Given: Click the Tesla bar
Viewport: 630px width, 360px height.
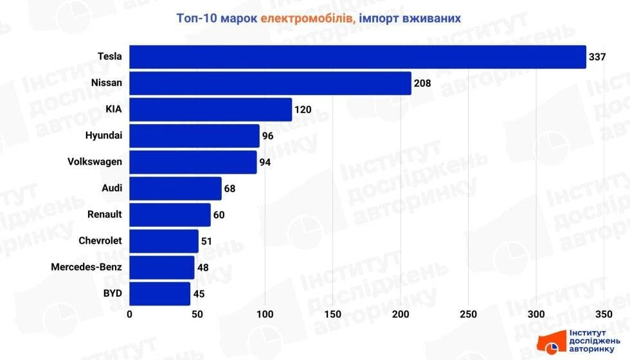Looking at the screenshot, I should (357, 57).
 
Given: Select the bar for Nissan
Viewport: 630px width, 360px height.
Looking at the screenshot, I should (270, 83).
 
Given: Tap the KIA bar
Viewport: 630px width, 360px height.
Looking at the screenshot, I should (211, 109).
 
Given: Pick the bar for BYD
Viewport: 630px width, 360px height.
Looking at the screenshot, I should (160, 294).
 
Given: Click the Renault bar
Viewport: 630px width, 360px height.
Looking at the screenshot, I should (170, 215).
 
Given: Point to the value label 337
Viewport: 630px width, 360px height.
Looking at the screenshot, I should (597, 57).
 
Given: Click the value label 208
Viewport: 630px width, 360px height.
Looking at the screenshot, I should (422, 84).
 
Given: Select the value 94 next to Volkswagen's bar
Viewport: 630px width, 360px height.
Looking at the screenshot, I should (265, 162).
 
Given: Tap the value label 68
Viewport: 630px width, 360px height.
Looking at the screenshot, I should (230, 189).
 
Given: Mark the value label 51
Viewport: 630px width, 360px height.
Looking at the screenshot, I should (207, 242).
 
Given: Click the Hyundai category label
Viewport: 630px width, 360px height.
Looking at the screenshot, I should (104, 136).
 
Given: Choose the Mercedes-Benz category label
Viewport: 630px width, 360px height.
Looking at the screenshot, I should (87, 267).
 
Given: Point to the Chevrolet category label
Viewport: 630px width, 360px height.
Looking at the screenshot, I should (100, 241).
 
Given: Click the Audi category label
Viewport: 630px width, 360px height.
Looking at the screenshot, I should (111, 188).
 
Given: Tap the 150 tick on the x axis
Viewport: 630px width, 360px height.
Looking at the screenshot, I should (333, 314).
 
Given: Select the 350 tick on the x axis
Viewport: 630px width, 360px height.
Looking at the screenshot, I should (603, 314).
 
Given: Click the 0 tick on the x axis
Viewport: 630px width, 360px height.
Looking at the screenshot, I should (130, 314).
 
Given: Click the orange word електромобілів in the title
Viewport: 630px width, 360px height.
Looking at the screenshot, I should (307, 18).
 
